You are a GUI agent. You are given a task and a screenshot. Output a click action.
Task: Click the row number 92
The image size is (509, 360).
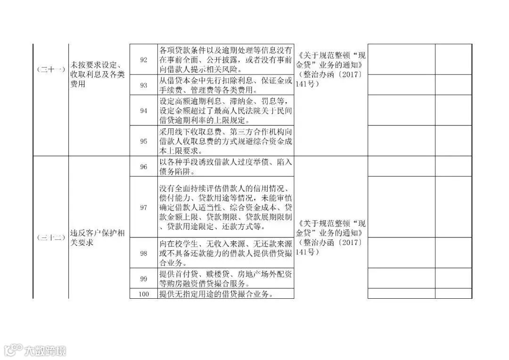pyautogui.click(x=144, y=60)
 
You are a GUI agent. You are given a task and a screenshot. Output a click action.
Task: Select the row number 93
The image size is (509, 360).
pyautogui.click(x=144, y=85)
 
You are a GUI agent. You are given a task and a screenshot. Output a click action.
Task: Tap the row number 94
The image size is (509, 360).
pyautogui.click(x=144, y=110)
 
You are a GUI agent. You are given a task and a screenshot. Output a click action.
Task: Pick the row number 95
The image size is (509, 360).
pyautogui.click(x=144, y=141)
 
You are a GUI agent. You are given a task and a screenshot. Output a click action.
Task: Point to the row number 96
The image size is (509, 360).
pyautogui.click(x=144, y=167)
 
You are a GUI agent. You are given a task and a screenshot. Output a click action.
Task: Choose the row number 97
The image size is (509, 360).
pyautogui.click(x=144, y=207)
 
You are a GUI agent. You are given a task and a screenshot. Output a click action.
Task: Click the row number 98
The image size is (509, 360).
pyautogui.click(x=144, y=253)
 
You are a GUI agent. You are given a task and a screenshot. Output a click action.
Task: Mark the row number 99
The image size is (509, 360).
pyautogui.click(x=144, y=278)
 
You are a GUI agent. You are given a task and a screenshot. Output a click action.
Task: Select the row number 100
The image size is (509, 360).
pyautogui.click(x=144, y=294)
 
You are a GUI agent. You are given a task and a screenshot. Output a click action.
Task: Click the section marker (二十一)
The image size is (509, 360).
pyautogui.click(x=51, y=69)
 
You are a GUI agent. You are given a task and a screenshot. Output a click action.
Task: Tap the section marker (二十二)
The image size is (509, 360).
pyautogui.click(x=51, y=238)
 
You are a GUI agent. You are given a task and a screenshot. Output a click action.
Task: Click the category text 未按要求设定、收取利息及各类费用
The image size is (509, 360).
pyautogui.click(x=97, y=74)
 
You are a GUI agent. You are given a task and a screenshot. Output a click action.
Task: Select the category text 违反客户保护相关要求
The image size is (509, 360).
pyautogui.click(x=97, y=238)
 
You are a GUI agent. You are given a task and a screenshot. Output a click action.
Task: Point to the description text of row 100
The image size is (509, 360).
pyautogui.click(x=217, y=294)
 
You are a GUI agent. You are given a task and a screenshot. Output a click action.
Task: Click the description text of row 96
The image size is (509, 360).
pyautogui.click(x=225, y=167)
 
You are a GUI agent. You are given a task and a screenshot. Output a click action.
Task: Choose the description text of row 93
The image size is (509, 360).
pyautogui.click(x=225, y=85)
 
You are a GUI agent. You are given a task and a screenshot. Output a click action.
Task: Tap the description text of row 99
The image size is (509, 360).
pyautogui.click(x=225, y=278)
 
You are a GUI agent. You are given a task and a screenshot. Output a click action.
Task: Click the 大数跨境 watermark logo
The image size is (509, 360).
pyautogui.click(x=35, y=350)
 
